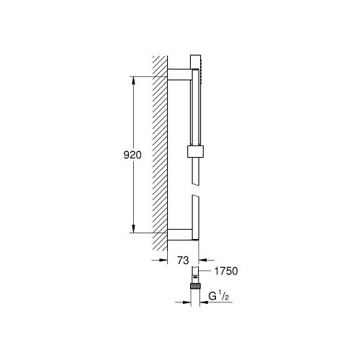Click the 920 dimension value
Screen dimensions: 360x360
pyautogui.click(x=132, y=155)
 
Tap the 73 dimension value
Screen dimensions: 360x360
pyautogui.click(x=183, y=260)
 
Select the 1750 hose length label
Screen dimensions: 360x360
pyautogui.click(x=226, y=271)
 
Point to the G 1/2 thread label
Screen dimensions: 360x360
pyautogui.click(x=219, y=297)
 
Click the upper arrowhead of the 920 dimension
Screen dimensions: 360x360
pyautogui.click(x=134, y=81)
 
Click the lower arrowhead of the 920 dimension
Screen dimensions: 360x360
pyautogui.click(x=134, y=228)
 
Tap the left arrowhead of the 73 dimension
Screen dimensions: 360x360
pyautogui.click(x=163, y=260)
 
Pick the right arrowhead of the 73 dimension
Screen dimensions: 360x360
pyautogui.click(x=203, y=260)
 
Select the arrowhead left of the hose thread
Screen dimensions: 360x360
pyautogui.click(x=186, y=302)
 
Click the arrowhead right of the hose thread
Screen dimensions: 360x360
pyautogui.click(x=204, y=302)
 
